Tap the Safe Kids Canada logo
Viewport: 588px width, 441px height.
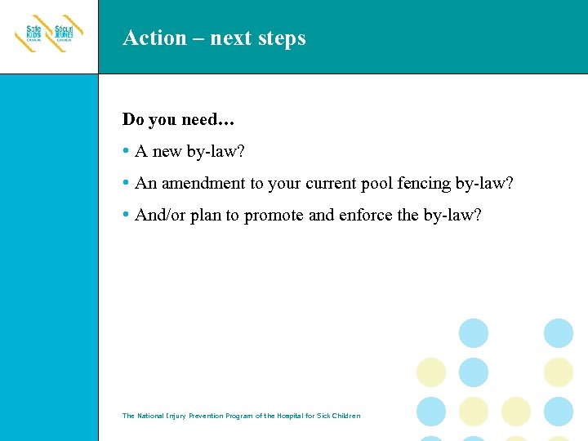pyautogui.click(x=31, y=35)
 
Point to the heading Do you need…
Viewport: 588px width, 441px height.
pyautogui.click(x=178, y=119)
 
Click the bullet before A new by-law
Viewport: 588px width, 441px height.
pyautogui.click(x=126, y=151)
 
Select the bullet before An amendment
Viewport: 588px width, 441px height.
pyautogui.click(x=126, y=183)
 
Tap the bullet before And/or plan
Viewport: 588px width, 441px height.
pyautogui.click(x=126, y=215)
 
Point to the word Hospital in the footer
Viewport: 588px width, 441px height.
pyautogui.click(x=280, y=416)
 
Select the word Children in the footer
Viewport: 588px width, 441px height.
pyautogui.click(x=343, y=416)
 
